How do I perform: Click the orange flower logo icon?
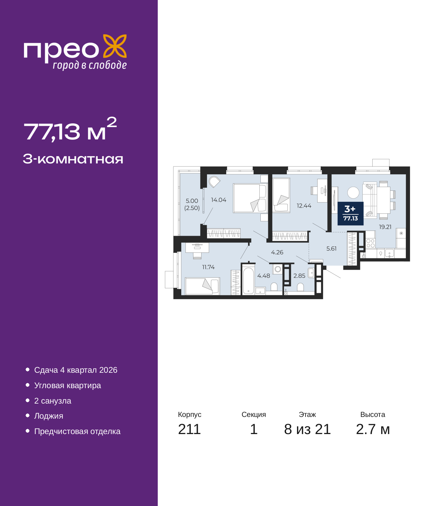click(115, 46)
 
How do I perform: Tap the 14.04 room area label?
click(219, 200)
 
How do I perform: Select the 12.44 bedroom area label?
click(304, 206)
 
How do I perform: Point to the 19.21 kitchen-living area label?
click(385, 227)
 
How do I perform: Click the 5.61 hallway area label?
click(331, 249)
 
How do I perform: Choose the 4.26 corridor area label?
click(277, 252)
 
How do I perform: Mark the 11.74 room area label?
click(208, 267)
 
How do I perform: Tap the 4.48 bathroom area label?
click(263, 276)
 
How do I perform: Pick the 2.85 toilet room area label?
click(299, 276)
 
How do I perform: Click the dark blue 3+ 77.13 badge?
click(350, 213)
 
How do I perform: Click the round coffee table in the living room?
click(353, 193)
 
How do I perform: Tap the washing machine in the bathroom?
click(278, 269)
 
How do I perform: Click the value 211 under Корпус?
click(189, 429)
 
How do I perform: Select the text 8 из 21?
click(307, 429)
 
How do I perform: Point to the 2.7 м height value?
click(373, 429)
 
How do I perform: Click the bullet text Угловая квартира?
click(67, 385)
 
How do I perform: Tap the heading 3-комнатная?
click(73, 159)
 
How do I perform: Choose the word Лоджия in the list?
click(49, 416)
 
